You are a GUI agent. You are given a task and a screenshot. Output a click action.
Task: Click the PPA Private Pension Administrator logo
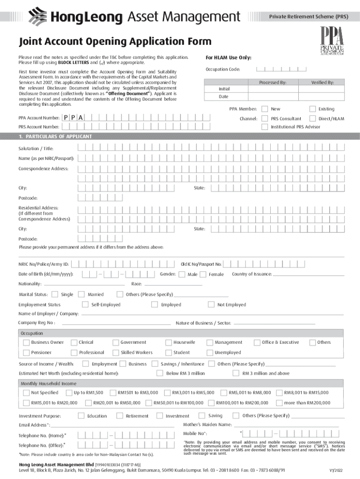coord(331,42)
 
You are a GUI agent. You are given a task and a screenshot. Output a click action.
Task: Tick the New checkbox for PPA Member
coord(265,109)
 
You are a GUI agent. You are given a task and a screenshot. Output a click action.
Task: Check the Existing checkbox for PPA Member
coord(313,109)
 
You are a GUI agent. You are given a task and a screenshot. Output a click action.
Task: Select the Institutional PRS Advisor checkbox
coord(265,127)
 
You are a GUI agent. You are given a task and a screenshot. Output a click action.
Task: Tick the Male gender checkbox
coord(182,274)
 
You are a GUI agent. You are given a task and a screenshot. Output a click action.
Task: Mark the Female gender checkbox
coord(203,274)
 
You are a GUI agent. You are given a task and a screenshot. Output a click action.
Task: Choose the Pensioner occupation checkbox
coord(26,352)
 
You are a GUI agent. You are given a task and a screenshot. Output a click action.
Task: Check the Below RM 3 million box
coord(160,373)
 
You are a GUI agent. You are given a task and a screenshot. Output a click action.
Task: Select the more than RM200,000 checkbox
coord(279,402)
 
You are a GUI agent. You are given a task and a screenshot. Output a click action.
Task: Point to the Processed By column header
coord(273,82)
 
